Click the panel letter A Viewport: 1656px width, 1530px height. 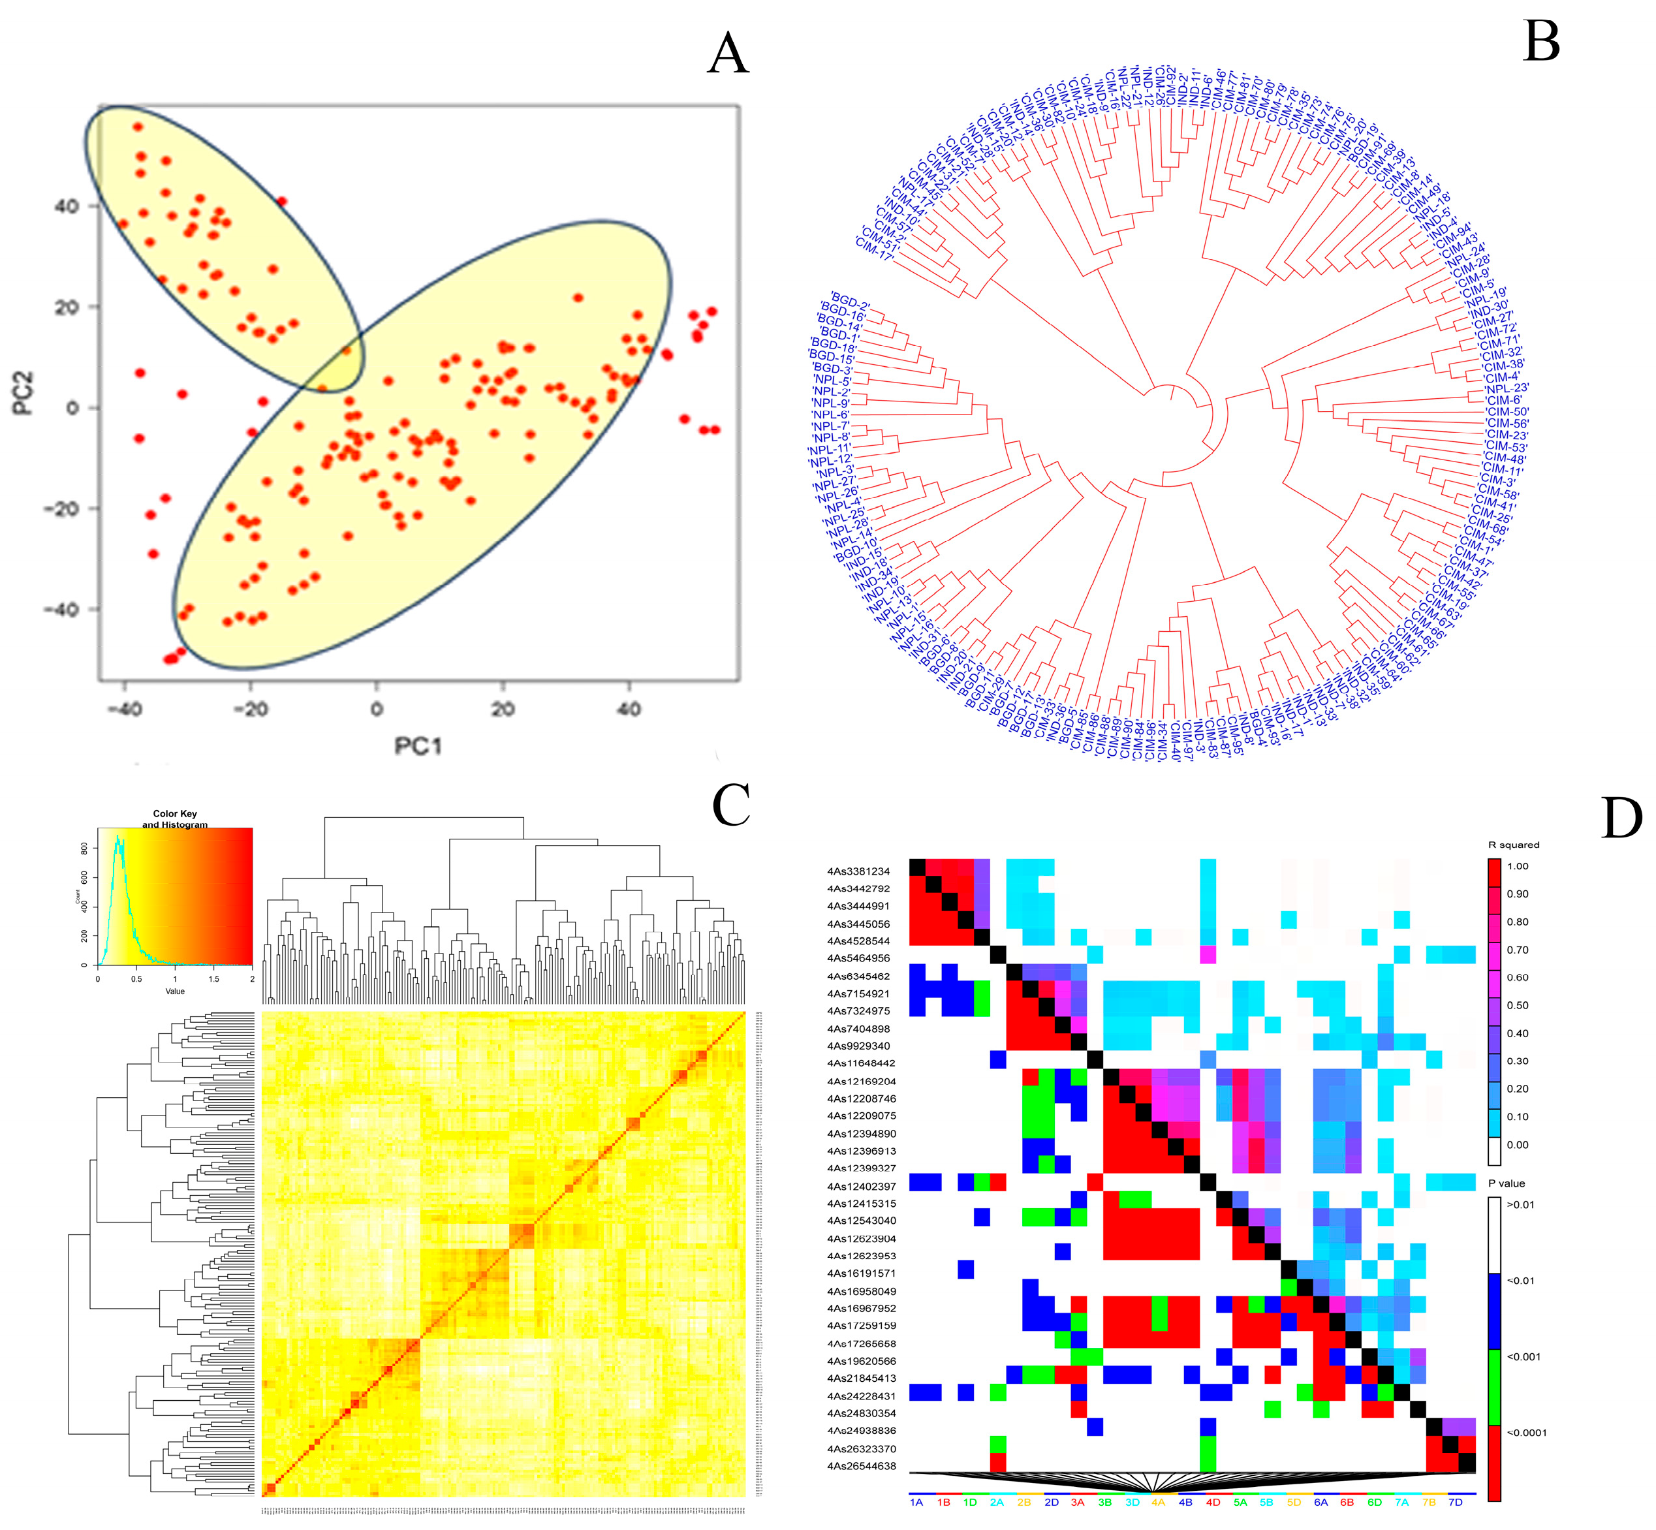[728, 55]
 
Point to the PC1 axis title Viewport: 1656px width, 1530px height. [418, 747]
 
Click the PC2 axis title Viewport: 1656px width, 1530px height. [24, 392]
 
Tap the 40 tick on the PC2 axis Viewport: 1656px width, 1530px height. [67, 206]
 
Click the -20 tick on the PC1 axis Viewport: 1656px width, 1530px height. [250, 710]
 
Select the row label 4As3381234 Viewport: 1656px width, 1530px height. [858, 871]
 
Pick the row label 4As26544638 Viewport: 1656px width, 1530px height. [860, 1465]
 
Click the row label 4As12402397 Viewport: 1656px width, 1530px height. [860, 1185]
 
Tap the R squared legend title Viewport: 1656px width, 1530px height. [1514, 845]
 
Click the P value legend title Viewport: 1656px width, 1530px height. [1506, 1183]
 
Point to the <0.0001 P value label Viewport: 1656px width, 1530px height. [1526, 1432]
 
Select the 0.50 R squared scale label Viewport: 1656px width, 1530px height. [1517, 1005]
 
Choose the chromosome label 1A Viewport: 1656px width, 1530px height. [916, 1502]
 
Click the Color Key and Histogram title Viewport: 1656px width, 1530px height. [175, 819]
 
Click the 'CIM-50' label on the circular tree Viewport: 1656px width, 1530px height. [1507, 411]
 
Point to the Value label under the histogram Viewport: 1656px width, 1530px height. [175, 991]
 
